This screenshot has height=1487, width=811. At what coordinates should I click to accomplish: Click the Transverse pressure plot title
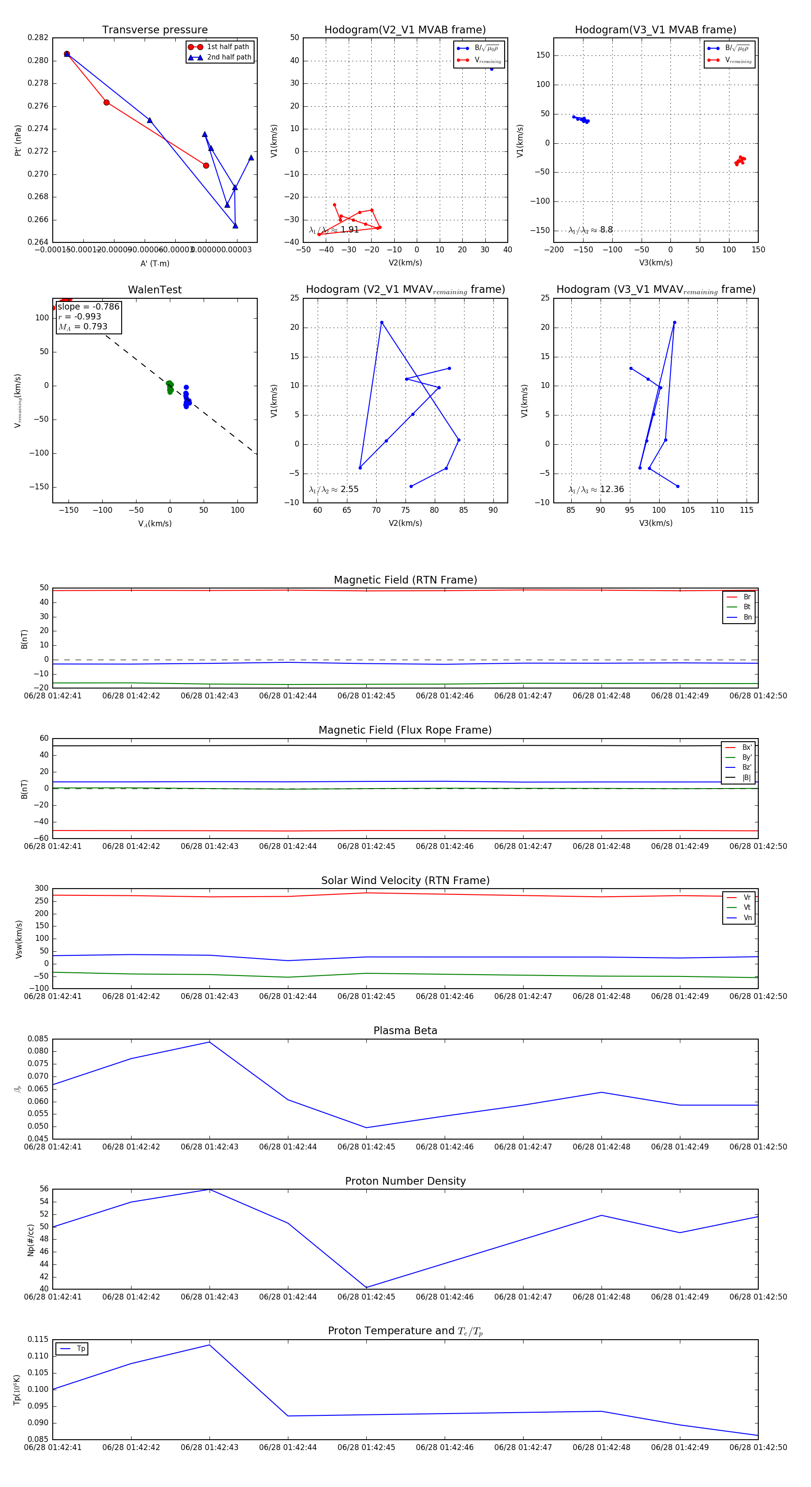(x=155, y=30)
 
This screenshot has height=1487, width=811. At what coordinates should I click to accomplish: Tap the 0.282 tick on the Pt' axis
(x=38, y=37)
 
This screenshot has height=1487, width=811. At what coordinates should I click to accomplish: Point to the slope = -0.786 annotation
(x=88, y=306)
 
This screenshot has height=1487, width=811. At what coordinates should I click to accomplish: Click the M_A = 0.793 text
(x=82, y=327)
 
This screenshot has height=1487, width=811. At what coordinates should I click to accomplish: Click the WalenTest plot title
(x=155, y=290)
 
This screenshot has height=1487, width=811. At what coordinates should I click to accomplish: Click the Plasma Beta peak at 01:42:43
(x=210, y=1042)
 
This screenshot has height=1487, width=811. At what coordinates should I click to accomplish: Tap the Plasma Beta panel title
(x=405, y=1031)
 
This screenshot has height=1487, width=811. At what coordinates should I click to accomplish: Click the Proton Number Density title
(x=405, y=1181)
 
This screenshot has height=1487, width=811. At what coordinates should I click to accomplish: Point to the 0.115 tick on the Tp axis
(x=38, y=1339)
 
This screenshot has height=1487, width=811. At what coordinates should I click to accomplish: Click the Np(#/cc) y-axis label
(x=31, y=1240)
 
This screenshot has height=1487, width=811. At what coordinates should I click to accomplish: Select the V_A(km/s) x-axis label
(x=155, y=524)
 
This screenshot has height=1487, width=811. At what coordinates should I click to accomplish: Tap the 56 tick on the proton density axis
(x=44, y=1189)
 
